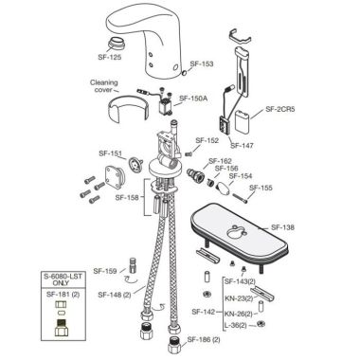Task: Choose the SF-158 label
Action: coord(127,198)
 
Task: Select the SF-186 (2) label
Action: coord(202,339)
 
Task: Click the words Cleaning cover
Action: coord(104,86)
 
